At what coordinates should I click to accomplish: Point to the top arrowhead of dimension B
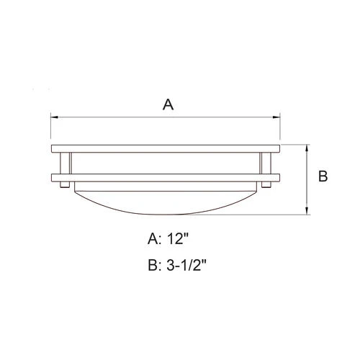308,148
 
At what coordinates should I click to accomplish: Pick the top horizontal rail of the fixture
166,148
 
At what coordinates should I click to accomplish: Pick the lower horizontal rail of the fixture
166,177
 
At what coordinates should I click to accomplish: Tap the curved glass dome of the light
166,198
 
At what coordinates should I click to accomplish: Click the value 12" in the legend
181,238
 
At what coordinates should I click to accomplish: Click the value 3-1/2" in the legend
189,266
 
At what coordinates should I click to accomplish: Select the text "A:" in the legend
154,238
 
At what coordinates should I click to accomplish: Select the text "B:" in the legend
154,266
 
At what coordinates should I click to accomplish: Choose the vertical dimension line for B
308,180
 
